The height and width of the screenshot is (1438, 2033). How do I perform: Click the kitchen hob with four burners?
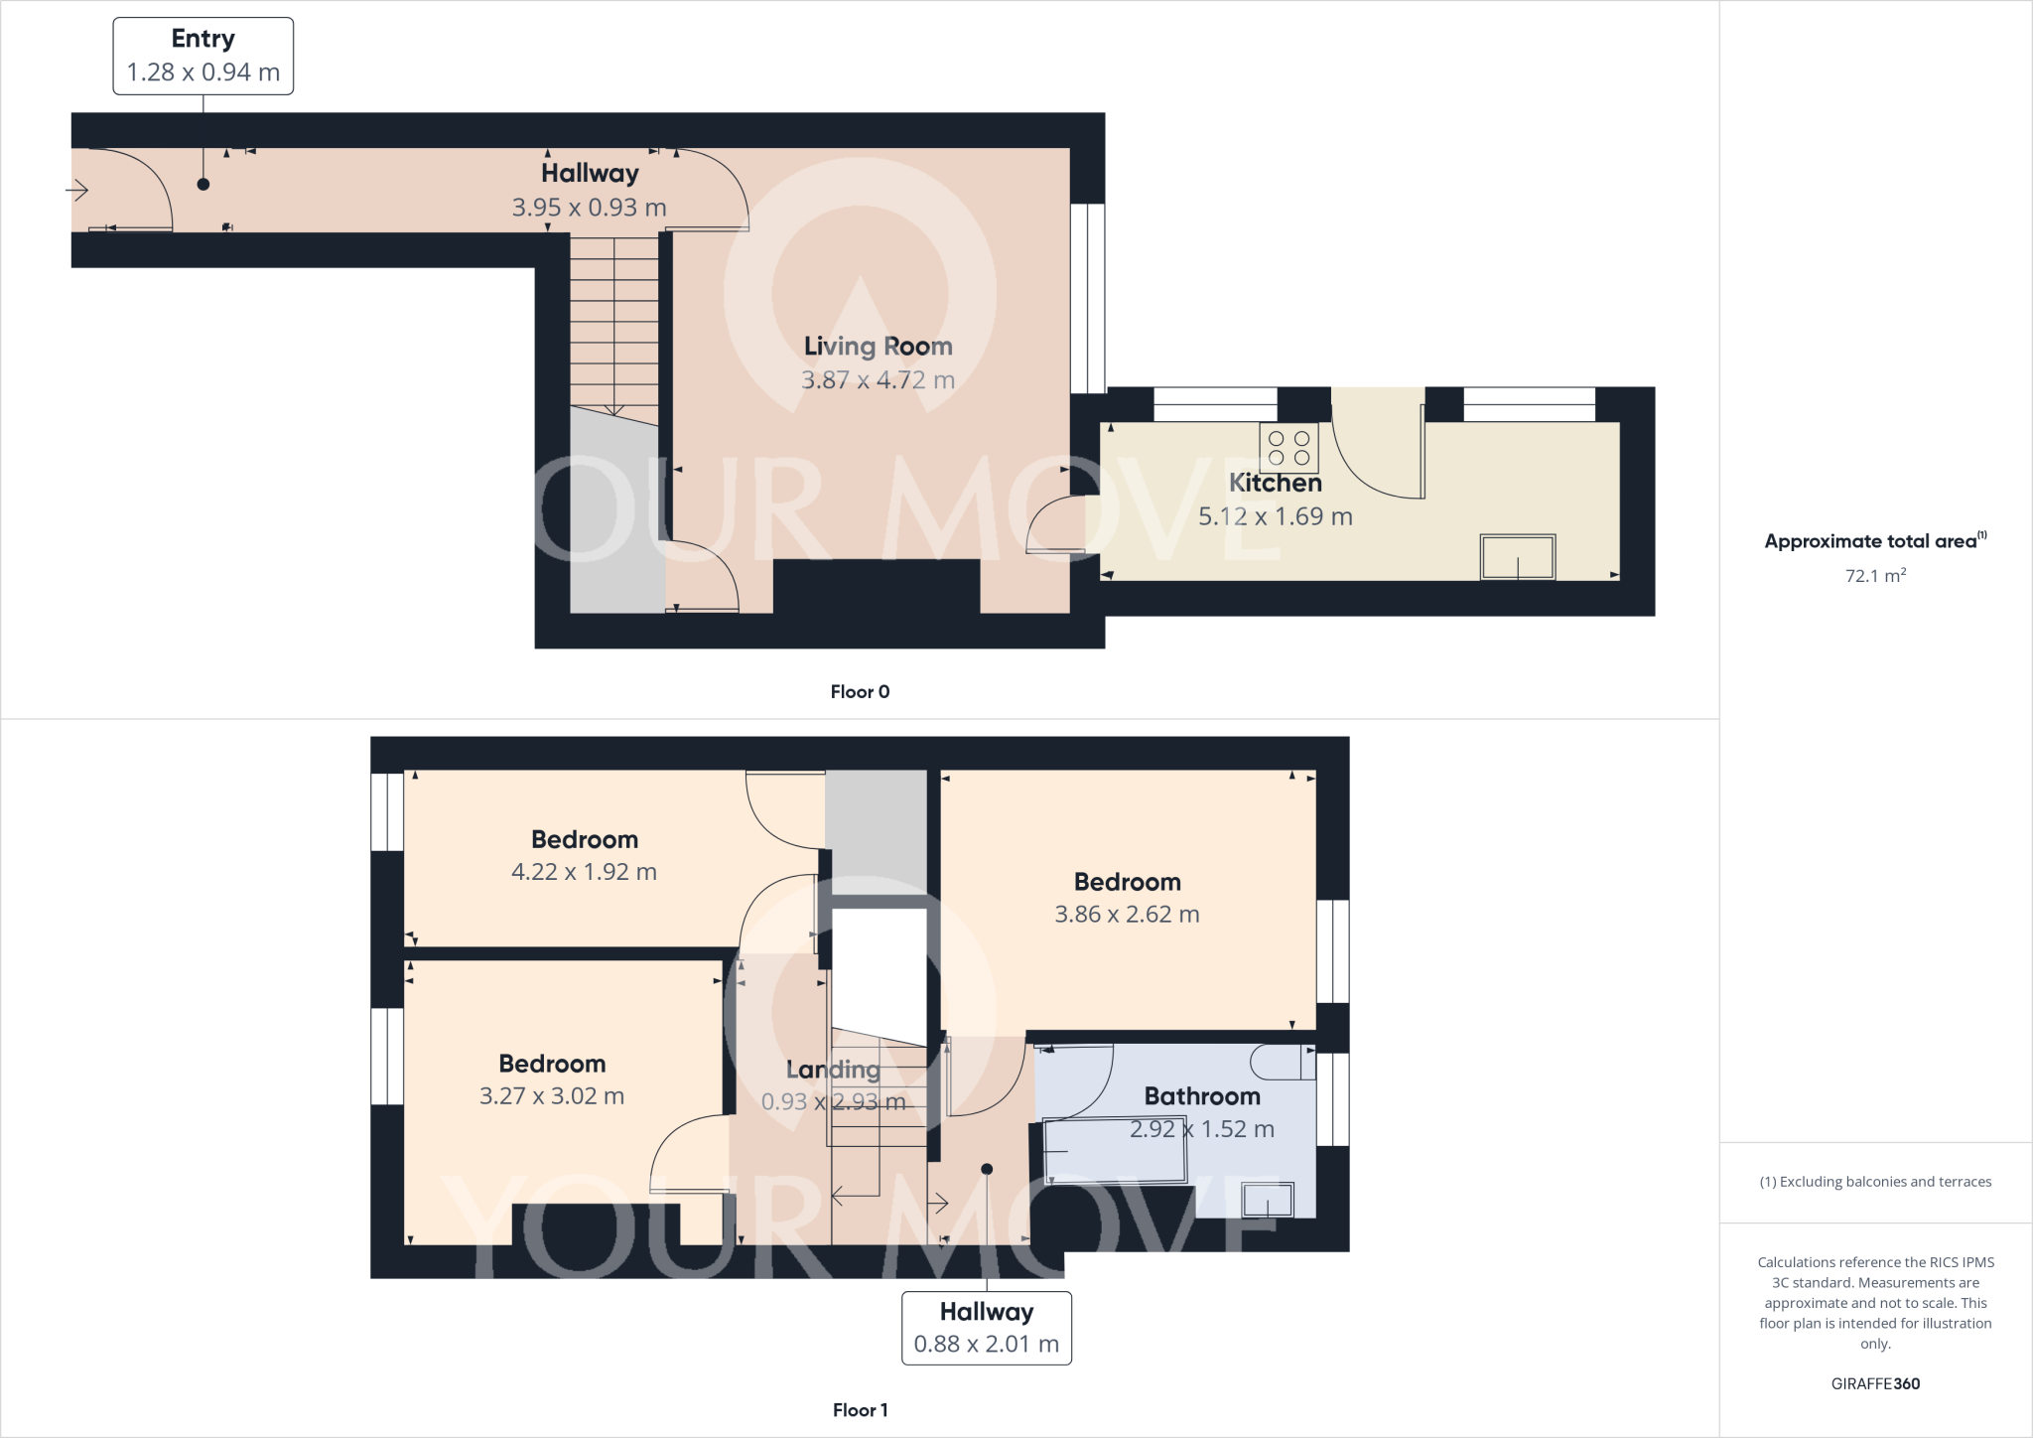[x=1288, y=448]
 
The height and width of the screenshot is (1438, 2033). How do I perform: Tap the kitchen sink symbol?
[x=1517, y=557]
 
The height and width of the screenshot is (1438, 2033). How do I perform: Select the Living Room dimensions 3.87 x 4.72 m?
[x=878, y=380]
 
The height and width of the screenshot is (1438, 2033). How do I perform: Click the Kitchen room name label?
[x=1275, y=483]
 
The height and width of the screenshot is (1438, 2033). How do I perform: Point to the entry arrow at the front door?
[x=77, y=189]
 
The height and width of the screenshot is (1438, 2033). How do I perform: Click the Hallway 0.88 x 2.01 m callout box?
[x=986, y=1328]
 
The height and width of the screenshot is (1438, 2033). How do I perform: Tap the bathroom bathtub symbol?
[x=1116, y=1150]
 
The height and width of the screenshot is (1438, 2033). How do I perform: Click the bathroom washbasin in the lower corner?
[x=1268, y=1200]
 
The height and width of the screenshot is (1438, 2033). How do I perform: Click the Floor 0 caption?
[x=860, y=692]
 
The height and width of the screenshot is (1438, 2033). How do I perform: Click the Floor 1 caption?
[x=860, y=1410]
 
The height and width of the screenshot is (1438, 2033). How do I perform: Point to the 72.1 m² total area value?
[x=1874, y=576]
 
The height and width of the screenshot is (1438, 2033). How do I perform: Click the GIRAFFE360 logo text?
[x=1874, y=1383]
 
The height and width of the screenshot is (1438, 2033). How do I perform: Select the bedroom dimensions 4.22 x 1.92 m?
[x=584, y=872]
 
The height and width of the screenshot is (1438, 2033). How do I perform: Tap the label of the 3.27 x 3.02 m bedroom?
[x=552, y=1064]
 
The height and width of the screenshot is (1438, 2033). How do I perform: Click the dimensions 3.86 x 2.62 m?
[x=1127, y=915]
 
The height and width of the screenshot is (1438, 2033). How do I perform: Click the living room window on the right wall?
[x=1088, y=298]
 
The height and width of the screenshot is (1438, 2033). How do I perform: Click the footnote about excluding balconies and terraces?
[x=1874, y=1182]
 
